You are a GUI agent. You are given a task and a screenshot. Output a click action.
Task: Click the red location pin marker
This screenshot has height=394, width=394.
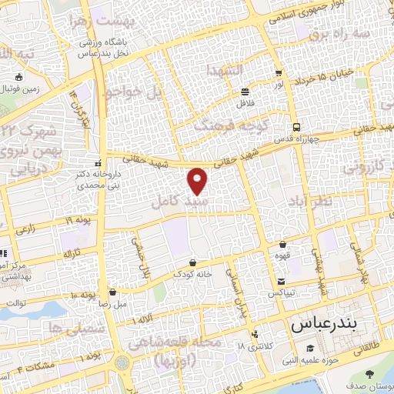pyautogui.click(x=199, y=180)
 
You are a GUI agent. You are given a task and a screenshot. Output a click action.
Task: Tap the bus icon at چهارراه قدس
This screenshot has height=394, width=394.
pyautogui.click(x=295, y=128)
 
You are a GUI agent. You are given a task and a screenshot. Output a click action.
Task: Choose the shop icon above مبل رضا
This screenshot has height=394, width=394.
pyautogui.click(x=114, y=292)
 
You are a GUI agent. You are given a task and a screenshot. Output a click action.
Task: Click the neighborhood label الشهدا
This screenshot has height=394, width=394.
pyautogui.click(x=223, y=70)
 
